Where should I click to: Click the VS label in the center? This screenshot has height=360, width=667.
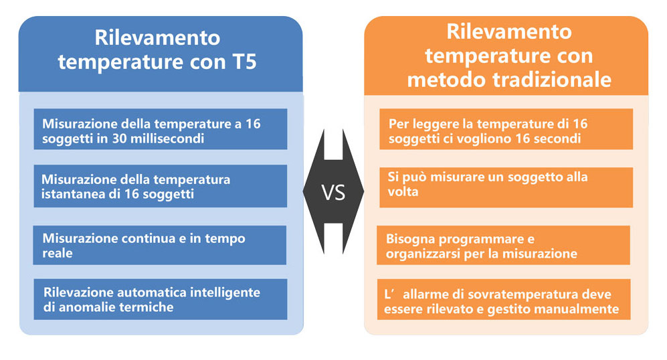click(333, 193)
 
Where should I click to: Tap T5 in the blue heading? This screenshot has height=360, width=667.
click(245, 62)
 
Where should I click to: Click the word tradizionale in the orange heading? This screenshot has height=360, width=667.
click(552, 80)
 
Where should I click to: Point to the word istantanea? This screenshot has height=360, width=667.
click(72, 194)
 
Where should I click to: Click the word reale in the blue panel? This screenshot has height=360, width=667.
click(58, 253)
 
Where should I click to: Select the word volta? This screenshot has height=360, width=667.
click(403, 191)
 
